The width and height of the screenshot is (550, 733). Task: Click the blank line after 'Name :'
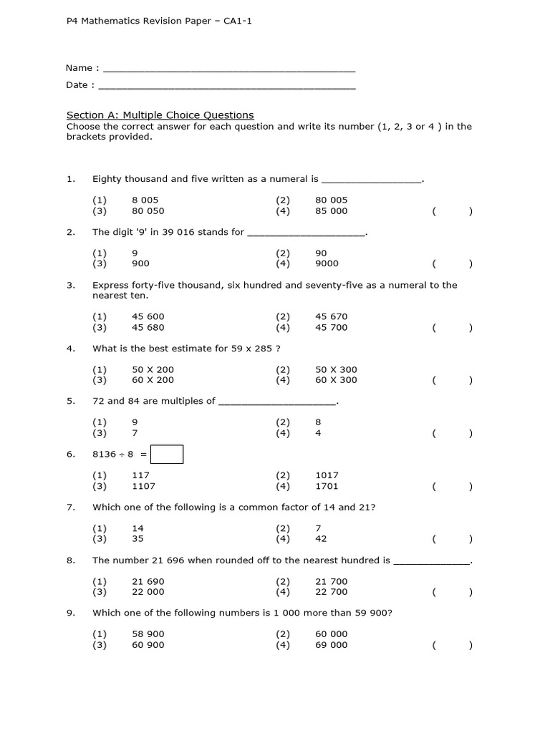click(x=229, y=69)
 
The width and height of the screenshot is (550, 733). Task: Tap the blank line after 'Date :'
click(x=226, y=87)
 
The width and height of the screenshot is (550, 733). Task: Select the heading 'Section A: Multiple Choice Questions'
click(x=160, y=115)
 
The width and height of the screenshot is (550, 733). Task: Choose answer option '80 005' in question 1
click(x=331, y=200)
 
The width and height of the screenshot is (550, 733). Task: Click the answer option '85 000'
click(x=331, y=211)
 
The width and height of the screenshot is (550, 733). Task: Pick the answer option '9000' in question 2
click(x=327, y=263)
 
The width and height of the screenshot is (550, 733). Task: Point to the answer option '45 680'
click(x=148, y=327)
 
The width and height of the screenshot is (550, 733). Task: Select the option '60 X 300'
click(x=336, y=380)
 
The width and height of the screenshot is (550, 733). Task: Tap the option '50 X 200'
click(x=153, y=369)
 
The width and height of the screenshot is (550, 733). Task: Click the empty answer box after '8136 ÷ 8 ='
click(x=167, y=455)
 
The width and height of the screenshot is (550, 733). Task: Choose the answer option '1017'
click(x=327, y=475)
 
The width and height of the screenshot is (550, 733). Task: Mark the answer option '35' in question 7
click(x=138, y=539)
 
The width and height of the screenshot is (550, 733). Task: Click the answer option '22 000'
click(x=148, y=592)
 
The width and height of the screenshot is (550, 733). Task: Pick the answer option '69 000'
click(x=331, y=645)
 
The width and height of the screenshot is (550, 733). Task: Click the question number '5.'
click(x=71, y=401)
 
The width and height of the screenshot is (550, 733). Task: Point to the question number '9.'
click(x=71, y=613)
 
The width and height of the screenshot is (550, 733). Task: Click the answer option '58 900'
click(x=148, y=634)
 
